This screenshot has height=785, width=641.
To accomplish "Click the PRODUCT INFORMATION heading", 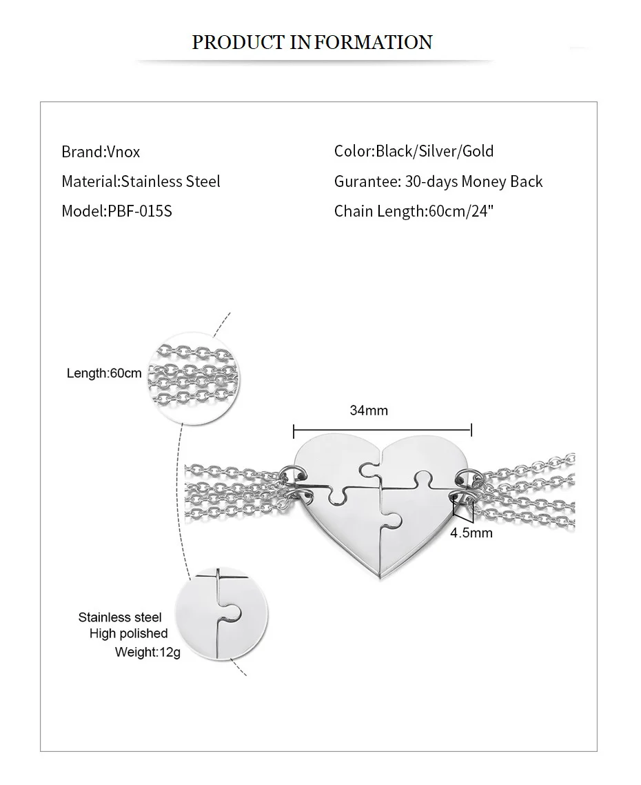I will coord(312,42).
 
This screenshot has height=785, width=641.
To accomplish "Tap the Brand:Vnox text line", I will coord(101,152).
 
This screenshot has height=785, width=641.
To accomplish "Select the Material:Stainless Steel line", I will coord(141,181).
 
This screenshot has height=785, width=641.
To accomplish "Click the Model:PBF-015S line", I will coord(116,211).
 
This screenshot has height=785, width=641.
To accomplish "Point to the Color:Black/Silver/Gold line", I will coord(414,151).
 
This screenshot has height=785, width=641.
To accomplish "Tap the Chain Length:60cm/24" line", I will coord(414,211).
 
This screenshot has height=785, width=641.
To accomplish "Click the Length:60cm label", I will coord(104,373).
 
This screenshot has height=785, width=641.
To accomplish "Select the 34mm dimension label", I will coord(369,410).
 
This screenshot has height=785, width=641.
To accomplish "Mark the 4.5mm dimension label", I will coord(471,533).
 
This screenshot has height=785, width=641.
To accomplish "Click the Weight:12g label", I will coord(147,652).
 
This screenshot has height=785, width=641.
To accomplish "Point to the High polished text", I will coord(128,633).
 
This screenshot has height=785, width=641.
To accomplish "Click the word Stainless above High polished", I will coord(104,617).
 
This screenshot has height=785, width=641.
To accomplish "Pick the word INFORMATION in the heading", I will coord(362,42).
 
